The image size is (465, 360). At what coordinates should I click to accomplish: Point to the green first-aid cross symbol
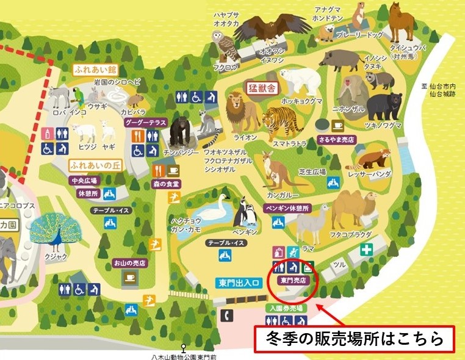366,250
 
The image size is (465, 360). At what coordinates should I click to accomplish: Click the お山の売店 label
129,263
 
